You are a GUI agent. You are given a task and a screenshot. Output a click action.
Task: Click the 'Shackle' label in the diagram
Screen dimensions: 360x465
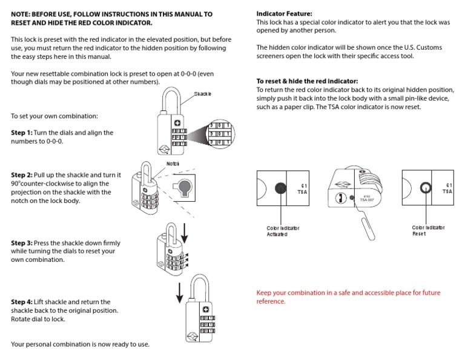point(203,95)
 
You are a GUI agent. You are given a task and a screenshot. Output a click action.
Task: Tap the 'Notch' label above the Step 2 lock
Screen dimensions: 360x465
point(173,164)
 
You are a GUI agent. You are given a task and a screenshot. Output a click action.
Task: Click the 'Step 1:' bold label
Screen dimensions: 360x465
point(22,132)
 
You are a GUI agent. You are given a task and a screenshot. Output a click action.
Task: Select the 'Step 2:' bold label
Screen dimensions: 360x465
point(22,175)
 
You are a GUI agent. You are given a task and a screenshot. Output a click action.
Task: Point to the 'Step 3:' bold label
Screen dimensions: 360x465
point(22,242)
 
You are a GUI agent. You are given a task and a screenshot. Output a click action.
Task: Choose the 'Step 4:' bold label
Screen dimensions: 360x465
point(22,302)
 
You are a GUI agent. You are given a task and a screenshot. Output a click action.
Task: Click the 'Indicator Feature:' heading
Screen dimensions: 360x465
point(284,13)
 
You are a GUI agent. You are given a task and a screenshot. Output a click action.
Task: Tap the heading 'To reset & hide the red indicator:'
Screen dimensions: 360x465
point(307,81)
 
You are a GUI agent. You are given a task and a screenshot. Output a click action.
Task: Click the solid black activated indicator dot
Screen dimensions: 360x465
point(280,188)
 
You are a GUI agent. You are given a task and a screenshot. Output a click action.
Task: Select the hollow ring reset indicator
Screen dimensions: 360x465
point(426,188)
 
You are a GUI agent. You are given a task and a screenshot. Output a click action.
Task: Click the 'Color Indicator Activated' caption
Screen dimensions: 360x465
point(283,231)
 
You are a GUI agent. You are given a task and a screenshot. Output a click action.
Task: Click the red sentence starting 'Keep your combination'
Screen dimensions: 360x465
point(348,297)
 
